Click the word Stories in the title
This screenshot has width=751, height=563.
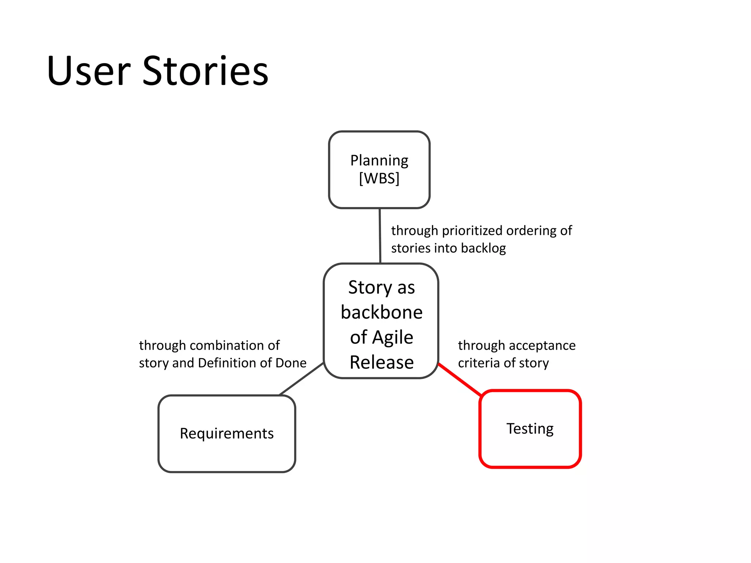click(205, 71)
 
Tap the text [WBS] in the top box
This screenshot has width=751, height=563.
click(379, 179)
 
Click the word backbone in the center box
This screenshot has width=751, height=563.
click(381, 312)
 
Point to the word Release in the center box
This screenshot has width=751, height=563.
click(381, 362)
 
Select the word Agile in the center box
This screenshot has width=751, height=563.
click(393, 337)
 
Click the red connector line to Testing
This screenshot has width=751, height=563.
click(460, 380)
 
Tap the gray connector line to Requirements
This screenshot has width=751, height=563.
click(301, 379)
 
